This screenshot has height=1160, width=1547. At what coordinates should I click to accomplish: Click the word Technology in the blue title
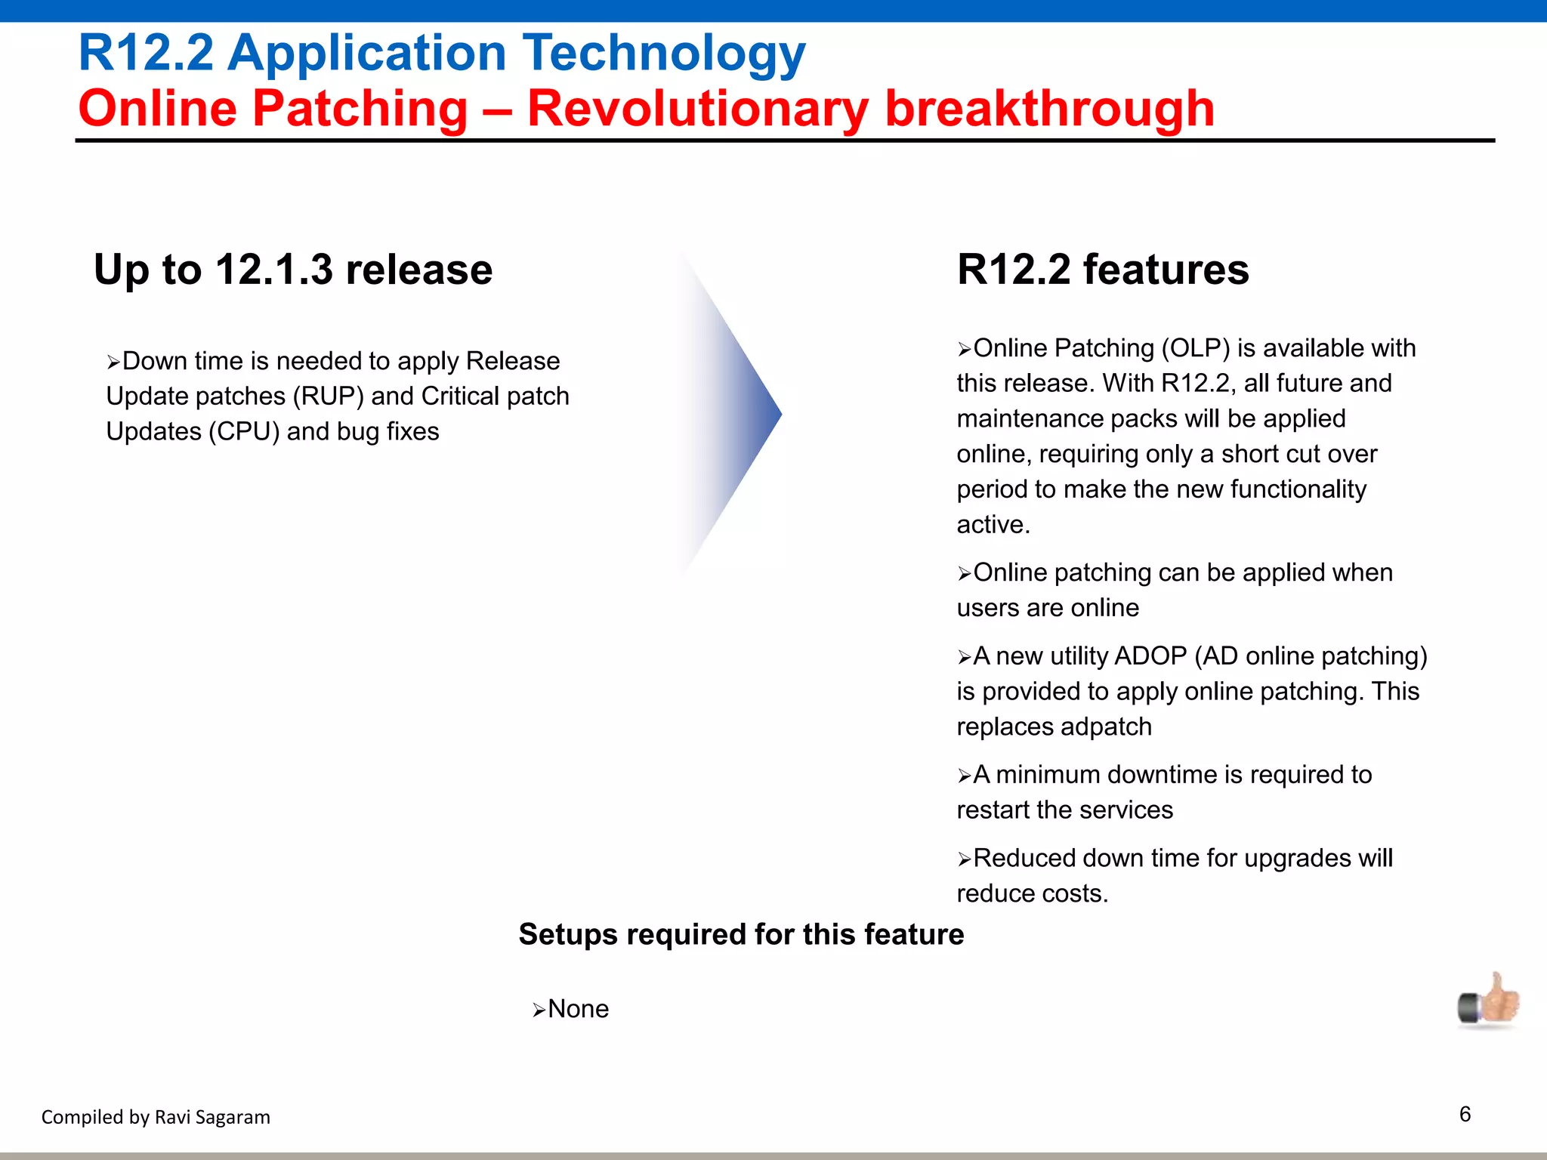click(x=665, y=54)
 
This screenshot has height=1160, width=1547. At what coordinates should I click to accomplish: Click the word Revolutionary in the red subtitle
click(x=697, y=109)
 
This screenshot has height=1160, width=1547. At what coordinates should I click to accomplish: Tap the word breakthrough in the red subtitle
click(x=1049, y=109)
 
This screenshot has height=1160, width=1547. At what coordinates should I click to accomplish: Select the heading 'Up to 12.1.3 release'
click(x=293, y=270)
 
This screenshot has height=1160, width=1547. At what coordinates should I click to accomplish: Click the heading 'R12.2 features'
click(x=1103, y=270)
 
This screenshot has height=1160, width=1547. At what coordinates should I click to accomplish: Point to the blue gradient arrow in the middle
click(x=744, y=414)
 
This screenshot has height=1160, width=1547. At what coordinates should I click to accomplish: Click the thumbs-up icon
click(x=1488, y=1001)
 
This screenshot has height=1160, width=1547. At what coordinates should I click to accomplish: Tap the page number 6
click(x=1465, y=1115)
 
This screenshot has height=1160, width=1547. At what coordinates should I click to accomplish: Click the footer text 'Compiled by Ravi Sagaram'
click(x=156, y=1117)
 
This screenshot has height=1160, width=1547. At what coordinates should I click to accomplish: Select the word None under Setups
click(x=578, y=1009)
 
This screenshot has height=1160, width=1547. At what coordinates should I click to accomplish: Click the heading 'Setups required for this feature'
click(x=741, y=935)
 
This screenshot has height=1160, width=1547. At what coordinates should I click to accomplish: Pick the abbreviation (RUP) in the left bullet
click(x=329, y=396)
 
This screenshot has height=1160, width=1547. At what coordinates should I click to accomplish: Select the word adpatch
click(x=1104, y=727)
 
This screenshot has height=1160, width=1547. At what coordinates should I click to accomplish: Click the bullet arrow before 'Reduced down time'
click(x=964, y=859)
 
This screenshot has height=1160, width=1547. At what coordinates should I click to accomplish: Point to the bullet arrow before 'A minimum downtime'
click(x=964, y=776)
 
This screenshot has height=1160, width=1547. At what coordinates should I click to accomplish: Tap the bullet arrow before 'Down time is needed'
click(x=113, y=362)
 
